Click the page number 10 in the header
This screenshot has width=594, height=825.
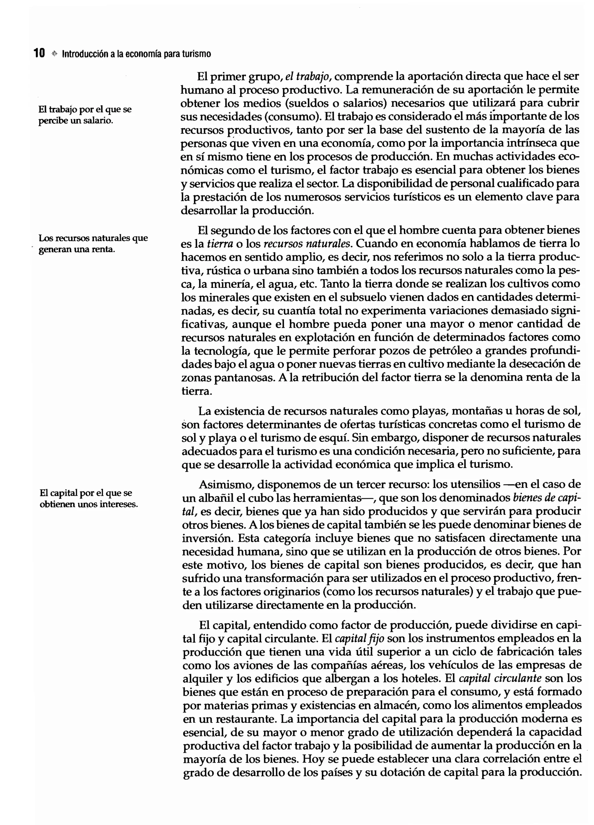point(39,53)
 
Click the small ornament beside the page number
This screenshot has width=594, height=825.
point(55,54)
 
